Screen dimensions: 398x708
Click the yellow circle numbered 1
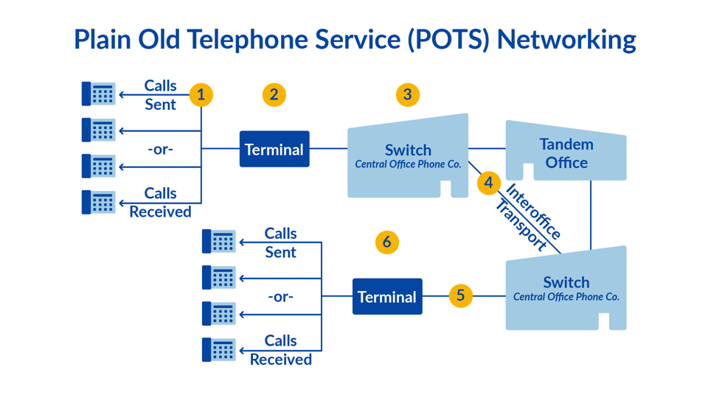click(x=201, y=94)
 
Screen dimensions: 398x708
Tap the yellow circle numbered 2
click(x=274, y=94)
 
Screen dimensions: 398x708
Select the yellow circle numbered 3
click(x=407, y=94)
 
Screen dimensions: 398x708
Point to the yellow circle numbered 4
click(x=488, y=182)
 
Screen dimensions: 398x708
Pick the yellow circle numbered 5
click(x=460, y=296)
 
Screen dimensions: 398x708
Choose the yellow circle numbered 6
click(x=386, y=242)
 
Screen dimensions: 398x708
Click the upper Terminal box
click(x=274, y=149)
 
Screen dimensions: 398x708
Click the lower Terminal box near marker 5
click(x=387, y=296)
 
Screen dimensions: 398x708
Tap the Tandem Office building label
click(x=566, y=153)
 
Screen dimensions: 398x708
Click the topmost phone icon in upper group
click(x=99, y=94)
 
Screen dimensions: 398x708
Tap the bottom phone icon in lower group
click(x=219, y=349)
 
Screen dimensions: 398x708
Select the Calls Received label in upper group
click(x=160, y=202)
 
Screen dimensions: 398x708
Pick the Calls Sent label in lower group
click(x=280, y=242)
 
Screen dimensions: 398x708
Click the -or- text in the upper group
click(x=160, y=149)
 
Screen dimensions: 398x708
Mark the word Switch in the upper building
click(x=408, y=150)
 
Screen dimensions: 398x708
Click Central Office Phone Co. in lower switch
click(x=566, y=297)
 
